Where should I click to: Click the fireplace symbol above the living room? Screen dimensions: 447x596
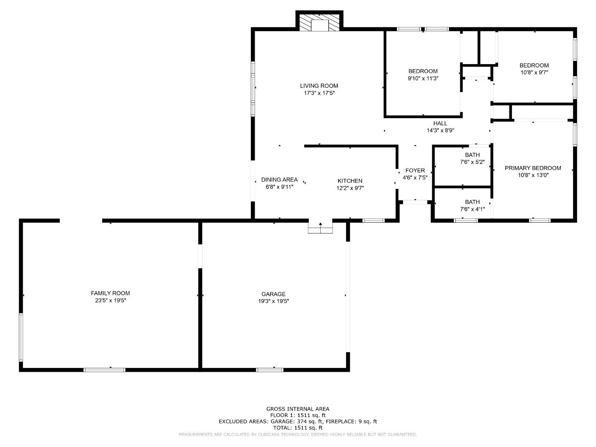(319, 23)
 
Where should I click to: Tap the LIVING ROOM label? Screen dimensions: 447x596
(319, 86)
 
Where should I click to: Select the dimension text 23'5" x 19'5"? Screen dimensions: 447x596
(110, 300)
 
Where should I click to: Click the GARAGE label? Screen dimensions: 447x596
(273, 294)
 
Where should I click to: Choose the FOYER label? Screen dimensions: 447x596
(415, 171)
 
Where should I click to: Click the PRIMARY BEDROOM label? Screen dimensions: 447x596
(533, 168)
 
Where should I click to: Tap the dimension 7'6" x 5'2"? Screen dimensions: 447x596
(472, 162)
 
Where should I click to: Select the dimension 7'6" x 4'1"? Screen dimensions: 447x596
(472, 209)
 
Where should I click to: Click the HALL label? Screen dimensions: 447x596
(440, 123)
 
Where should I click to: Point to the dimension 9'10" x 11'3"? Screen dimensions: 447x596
(423, 78)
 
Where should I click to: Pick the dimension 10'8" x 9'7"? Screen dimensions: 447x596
(534, 72)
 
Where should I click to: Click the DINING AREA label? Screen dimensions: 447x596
(279, 180)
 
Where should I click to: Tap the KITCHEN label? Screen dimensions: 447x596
(350, 180)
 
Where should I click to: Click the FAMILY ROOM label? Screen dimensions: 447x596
(110, 293)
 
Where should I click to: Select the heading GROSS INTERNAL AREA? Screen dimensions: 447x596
(298, 409)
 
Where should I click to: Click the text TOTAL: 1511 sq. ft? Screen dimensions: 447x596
(298, 428)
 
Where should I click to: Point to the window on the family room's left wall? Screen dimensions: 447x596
(21, 337)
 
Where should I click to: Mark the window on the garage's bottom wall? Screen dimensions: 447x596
(269, 370)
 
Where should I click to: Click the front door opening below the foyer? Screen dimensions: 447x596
(415, 202)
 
